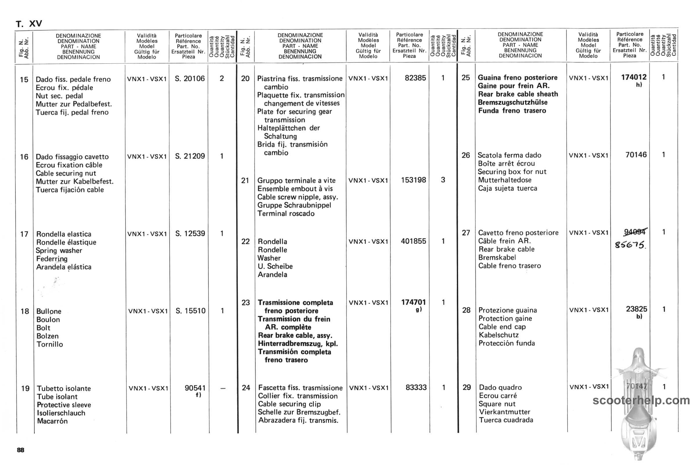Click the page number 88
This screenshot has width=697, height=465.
point(20,450)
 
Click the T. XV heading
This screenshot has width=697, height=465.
point(29,24)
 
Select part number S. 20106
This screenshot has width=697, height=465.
point(190,78)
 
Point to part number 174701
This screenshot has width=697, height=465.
point(413,302)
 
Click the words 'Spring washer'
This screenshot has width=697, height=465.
point(59,251)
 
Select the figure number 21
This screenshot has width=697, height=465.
point(245,180)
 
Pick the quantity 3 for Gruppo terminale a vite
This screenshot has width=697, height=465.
point(443,180)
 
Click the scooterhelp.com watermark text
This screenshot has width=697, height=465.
point(641,400)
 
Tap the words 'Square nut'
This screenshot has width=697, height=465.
point(497,404)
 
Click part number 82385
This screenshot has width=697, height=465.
point(415,78)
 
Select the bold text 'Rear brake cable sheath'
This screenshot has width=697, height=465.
point(518,94)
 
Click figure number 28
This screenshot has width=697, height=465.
point(466,310)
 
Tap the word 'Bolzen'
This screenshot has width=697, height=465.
point(47,336)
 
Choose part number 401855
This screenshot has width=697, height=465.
point(413,241)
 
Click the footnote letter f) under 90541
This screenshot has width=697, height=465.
point(198,395)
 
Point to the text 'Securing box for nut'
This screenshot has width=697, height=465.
point(512,172)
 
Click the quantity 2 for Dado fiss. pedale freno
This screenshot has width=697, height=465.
point(222,78)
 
